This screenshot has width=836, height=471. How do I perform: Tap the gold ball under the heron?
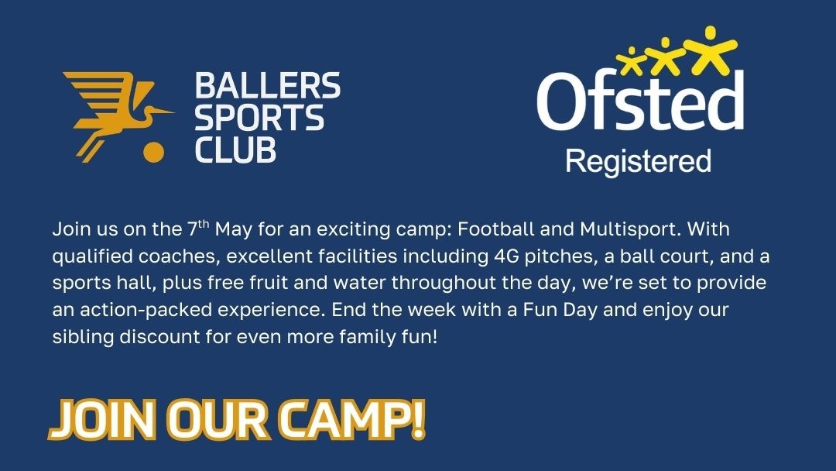tap(155, 151)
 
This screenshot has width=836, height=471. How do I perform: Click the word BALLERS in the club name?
tap(267, 85)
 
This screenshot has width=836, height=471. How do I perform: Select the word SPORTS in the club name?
tap(259, 118)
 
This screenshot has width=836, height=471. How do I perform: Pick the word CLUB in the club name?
tap(235, 150)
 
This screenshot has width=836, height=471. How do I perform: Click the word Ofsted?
tap(639, 102)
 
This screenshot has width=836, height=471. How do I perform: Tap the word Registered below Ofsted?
tap(638, 162)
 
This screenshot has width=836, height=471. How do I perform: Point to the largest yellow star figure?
tap(708, 46)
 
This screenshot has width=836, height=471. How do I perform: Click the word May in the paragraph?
tap(233, 231)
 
